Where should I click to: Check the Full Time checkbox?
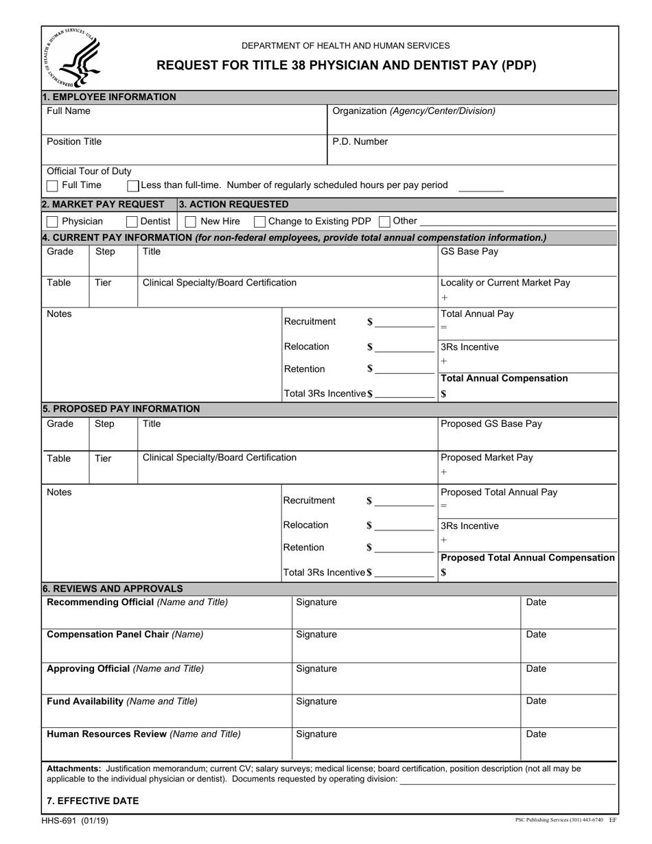click(x=52, y=186)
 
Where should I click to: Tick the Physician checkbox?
click(x=52, y=222)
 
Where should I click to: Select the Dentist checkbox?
click(x=132, y=222)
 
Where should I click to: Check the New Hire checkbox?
click(x=191, y=222)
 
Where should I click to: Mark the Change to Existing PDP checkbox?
click(x=259, y=222)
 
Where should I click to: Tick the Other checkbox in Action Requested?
click(x=384, y=222)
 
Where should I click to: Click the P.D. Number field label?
click(x=360, y=142)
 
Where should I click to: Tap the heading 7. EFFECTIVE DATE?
click(x=92, y=801)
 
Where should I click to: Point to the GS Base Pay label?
click(x=469, y=251)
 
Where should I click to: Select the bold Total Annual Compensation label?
click(x=504, y=379)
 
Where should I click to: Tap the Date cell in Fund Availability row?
click(x=536, y=701)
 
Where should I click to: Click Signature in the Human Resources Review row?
click(x=316, y=734)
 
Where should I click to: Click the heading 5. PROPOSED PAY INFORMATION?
click(x=121, y=409)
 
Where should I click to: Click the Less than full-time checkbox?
click(x=133, y=186)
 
